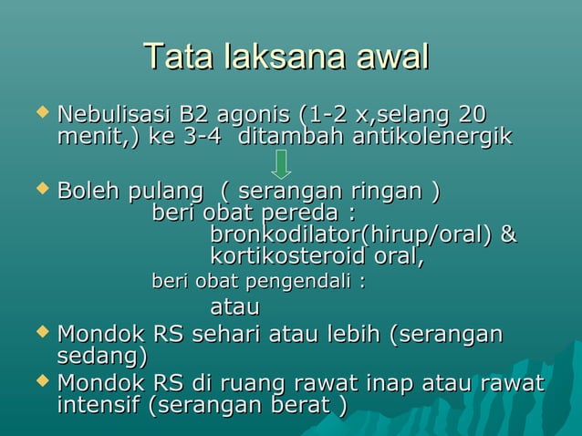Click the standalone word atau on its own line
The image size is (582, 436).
pyautogui.click(x=234, y=306)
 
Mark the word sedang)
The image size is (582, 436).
pyautogui.click(x=100, y=356)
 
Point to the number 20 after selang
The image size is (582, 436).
pyautogui.click(x=471, y=116)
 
